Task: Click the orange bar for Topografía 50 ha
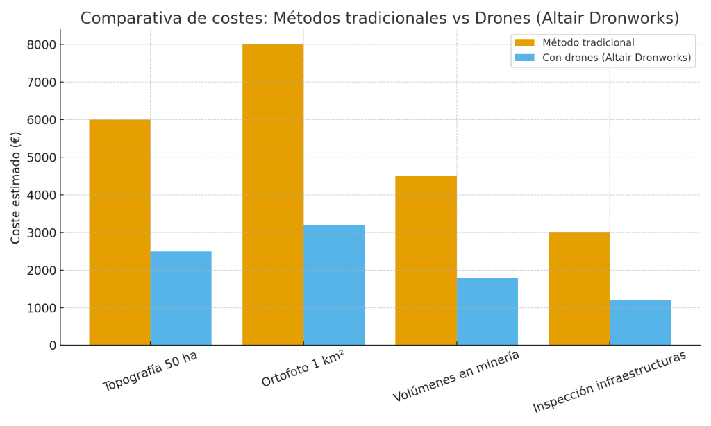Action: (x=119, y=232)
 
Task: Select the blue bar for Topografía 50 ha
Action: (x=181, y=298)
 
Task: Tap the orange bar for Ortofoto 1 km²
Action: (x=273, y=194)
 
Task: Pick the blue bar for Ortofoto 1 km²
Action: (x=334, y=285)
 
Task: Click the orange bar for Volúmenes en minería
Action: (x=426, y=260)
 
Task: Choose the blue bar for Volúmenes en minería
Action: (x=487, y=312)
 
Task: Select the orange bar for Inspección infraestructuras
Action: (x=579, y=289)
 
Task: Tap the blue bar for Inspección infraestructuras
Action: (x=640, y=323)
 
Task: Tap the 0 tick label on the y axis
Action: (x=52, y=346)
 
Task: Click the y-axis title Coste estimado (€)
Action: (x=16, y=187)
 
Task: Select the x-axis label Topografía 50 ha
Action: (x=150, y=371)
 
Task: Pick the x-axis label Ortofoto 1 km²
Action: (x=303, y=370)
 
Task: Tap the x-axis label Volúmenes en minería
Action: (x=456, y=376)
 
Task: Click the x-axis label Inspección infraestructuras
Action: (x=609, y=382)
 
